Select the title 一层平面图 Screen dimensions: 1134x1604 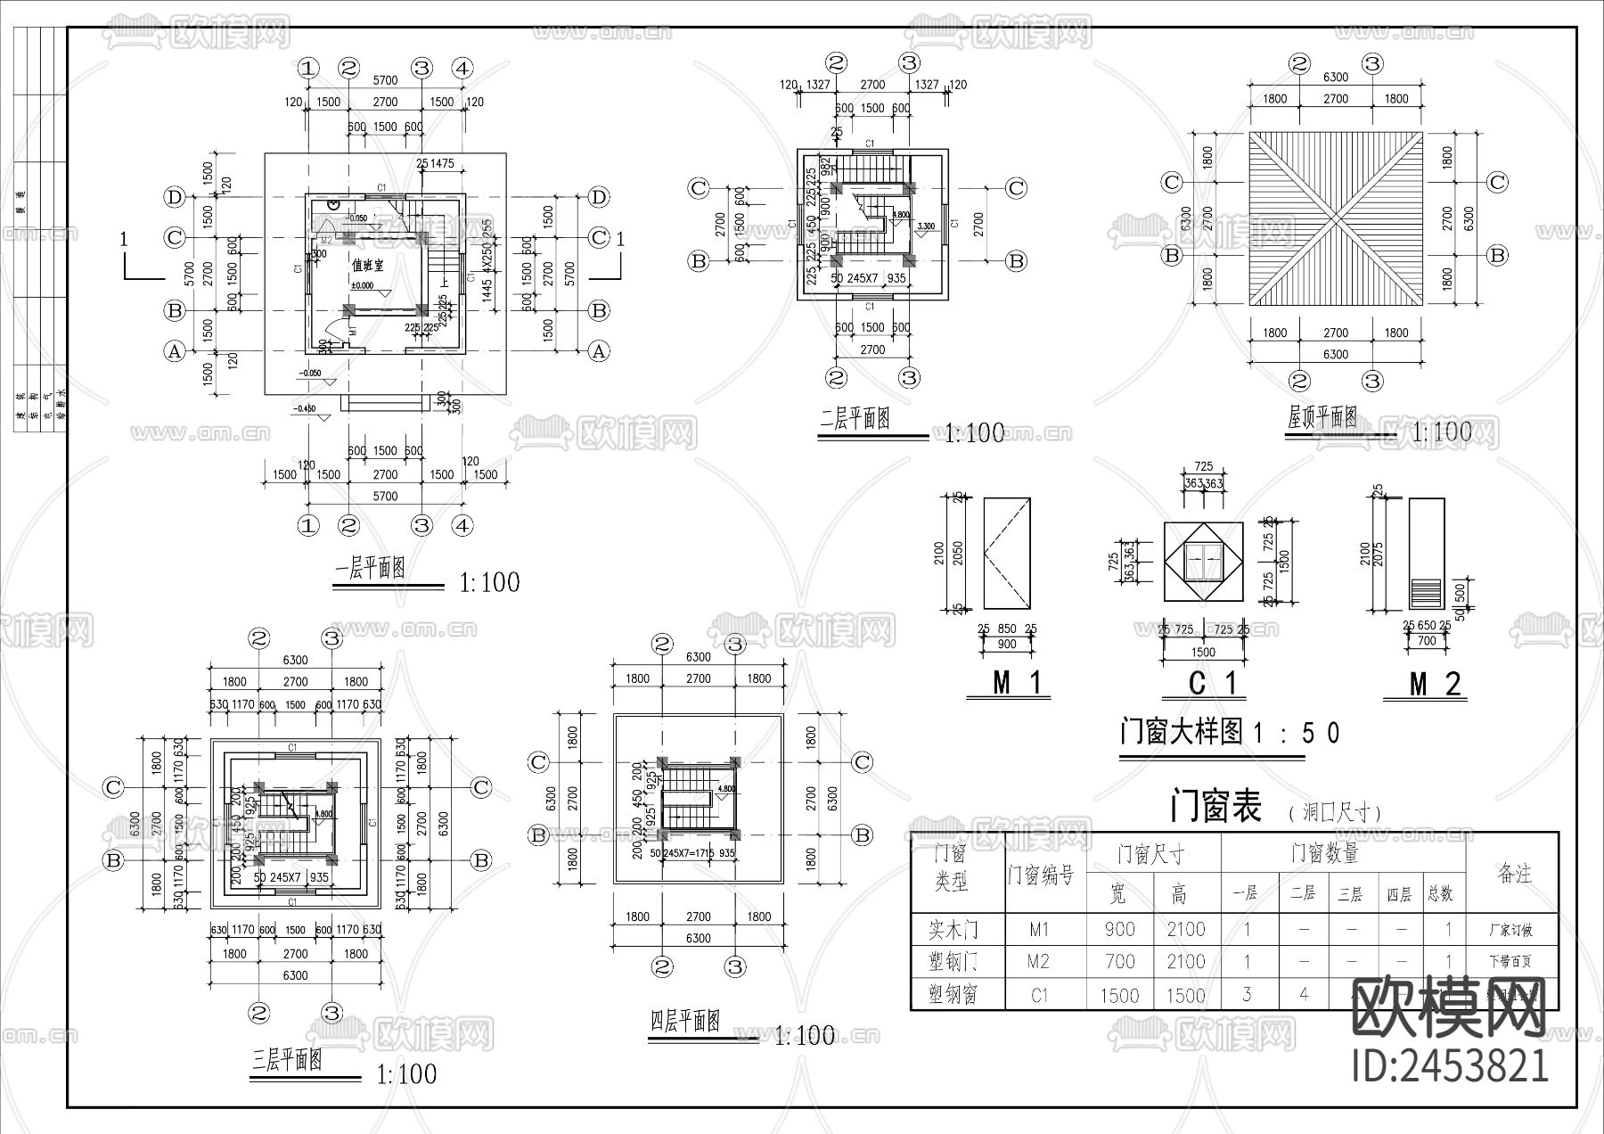tap(370, 569)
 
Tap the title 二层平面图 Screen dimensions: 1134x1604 tap(855, 419)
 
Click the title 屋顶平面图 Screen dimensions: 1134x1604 tap(1322, 417)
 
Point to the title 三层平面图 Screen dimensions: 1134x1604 tap(287, 1061)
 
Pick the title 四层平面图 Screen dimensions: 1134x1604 tap(683, 1022)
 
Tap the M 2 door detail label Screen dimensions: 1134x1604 tap(1435, 684)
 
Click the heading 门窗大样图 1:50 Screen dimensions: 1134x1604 tap(1230, 733)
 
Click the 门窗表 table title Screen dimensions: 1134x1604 tap(1215, 808)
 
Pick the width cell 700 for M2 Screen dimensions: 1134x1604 tap(1119, 962)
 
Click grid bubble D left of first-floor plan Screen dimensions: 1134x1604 tap(175, 197)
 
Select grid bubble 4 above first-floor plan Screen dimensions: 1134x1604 tap(462, 68)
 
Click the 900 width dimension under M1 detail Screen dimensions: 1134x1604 tap(1006, 644)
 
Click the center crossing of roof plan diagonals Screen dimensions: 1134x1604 tap(1336, 218)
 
